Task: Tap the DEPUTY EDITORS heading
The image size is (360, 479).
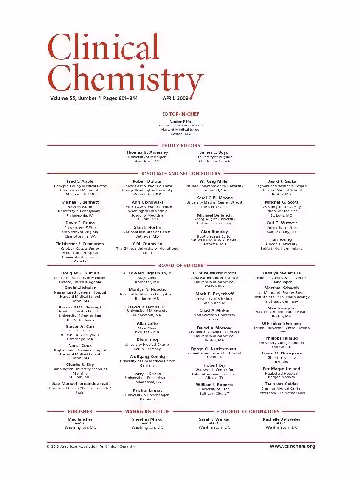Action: (180, 145)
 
